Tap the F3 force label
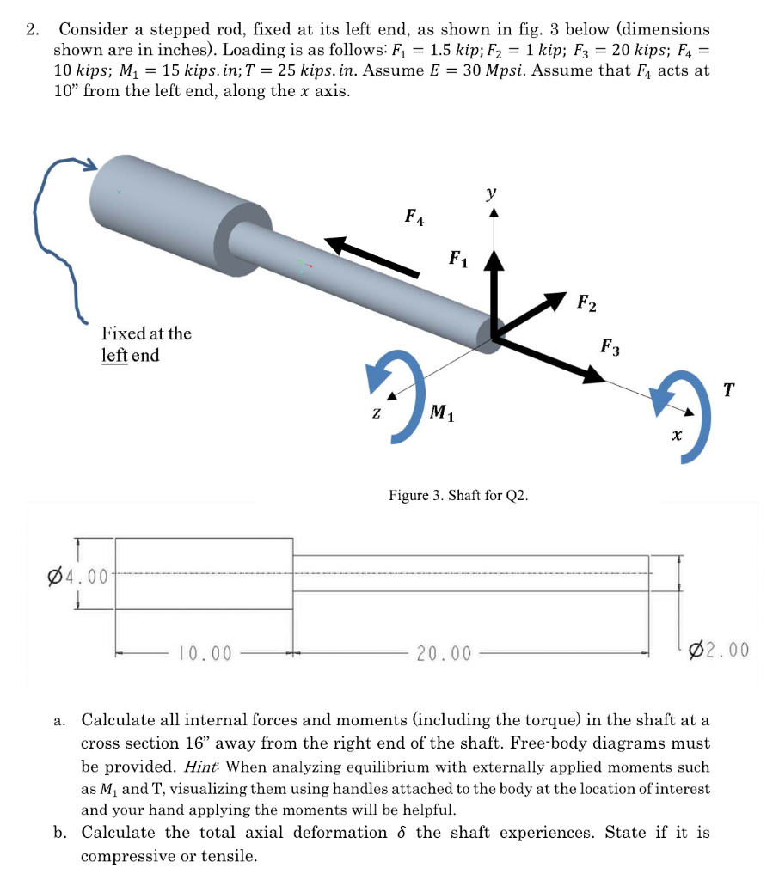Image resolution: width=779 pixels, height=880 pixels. (x=610, y=347)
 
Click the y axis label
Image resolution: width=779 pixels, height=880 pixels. (x=491, y=194)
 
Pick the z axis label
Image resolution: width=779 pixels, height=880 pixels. (x=377, y=413)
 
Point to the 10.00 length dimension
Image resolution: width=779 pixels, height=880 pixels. (x=204, y=653)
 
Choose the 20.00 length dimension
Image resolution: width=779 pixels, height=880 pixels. (x=444, y=654)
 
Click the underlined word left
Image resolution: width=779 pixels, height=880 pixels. (x=114, y=355)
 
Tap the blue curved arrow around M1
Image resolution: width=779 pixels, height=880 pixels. (x=395, y=395)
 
